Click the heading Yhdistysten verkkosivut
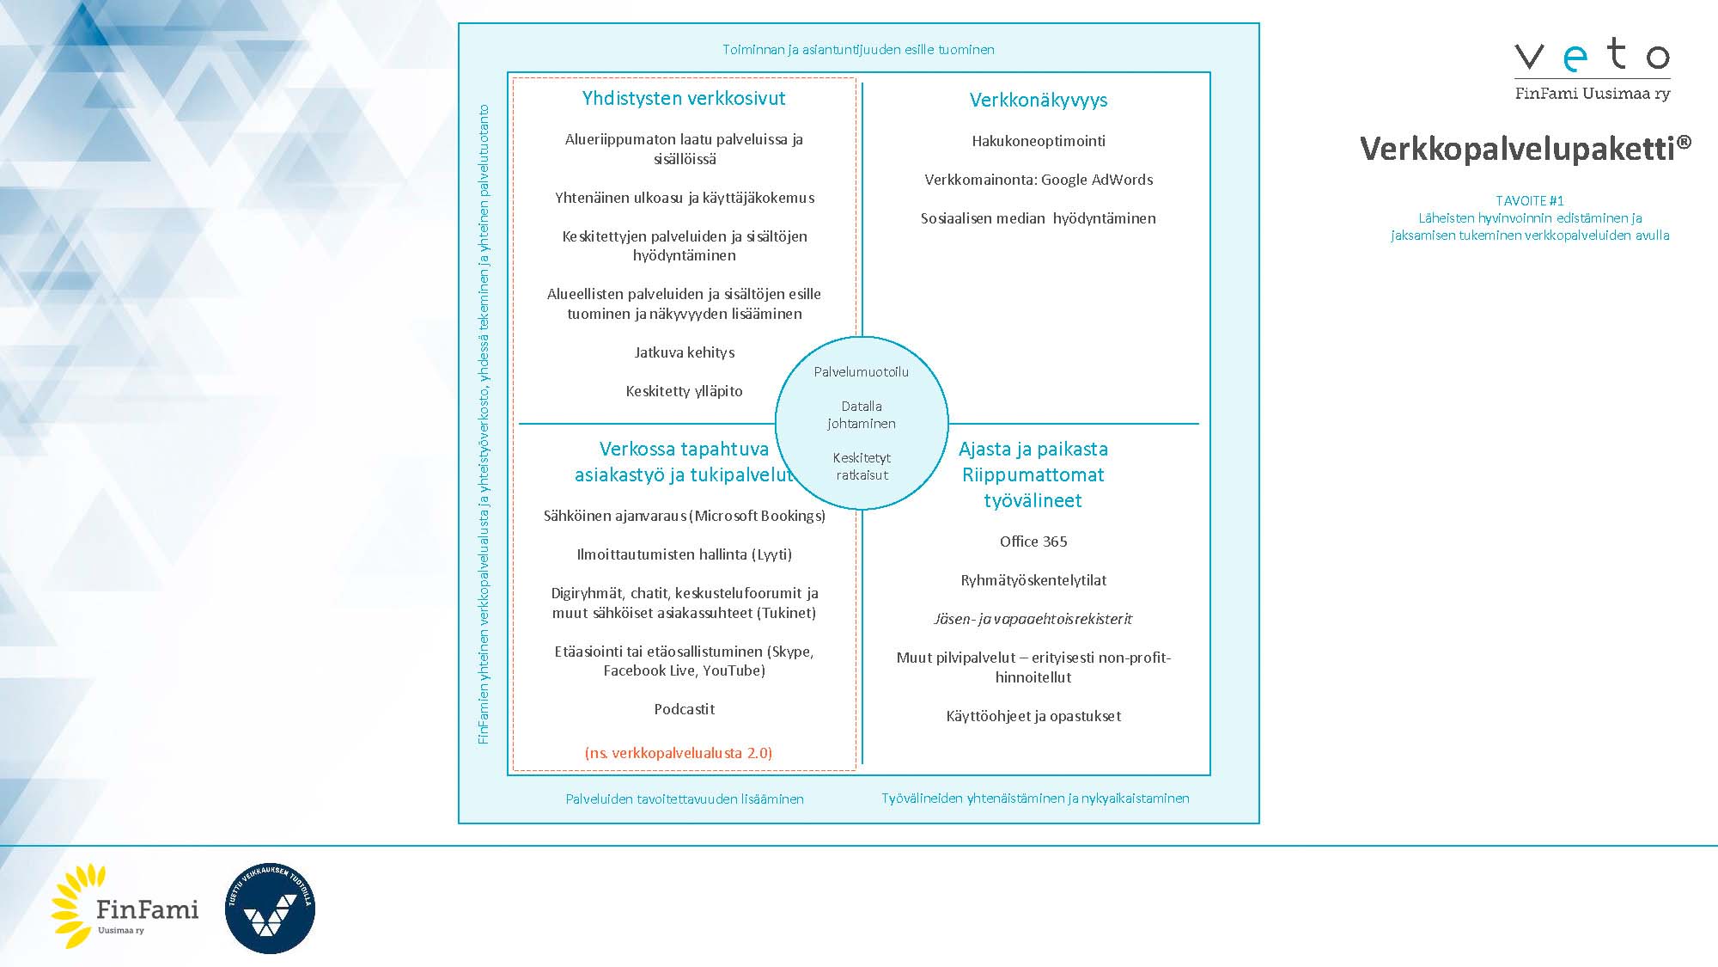click(x=683, y=98)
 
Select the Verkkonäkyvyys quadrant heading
click(x=1038, y=100)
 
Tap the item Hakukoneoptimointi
click(x=1038, y=141)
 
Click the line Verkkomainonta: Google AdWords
click(x=1038, y=180)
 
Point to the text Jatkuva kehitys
click(x=684, y=352)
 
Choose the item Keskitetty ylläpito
click(x=684, y=391)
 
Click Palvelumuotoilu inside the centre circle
click(x=861, y=372)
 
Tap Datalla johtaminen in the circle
click(x=861, y=414)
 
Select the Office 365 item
click(x=1033, y=542)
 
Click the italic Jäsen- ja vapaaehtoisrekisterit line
click(x=1033, y=619)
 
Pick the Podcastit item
click(x=684, y=709)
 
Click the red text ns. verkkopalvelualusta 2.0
click(x=678, y=753)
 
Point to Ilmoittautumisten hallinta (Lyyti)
click(x=684, y=554)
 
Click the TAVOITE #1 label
click(x=1529, y=200)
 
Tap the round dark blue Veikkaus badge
click(x=270, y=908)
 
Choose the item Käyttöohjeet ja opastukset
click(x=1033, y=716)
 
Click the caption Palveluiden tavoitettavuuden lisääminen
click(x=684, y=799)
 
